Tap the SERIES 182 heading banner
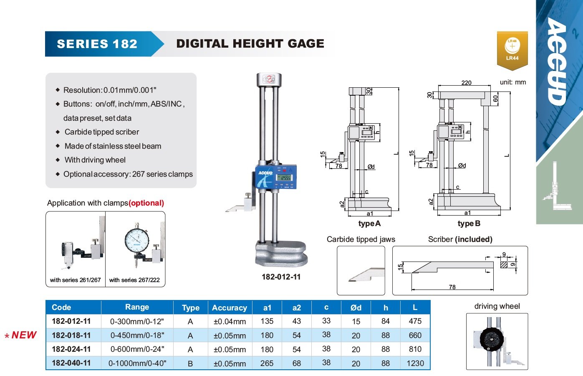pos(97,44)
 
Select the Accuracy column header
pos(229,308)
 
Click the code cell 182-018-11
pos(71,335)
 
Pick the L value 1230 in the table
pos(415,363)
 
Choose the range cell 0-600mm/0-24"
pos(137,349)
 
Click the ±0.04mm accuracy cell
pos(230,322)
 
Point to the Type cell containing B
pos(190,363)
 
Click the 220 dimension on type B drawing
pos(466,83)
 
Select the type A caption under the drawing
pos(369,224)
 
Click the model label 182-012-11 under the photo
pos(281,277)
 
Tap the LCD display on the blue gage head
pos(284,178)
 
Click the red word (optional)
pos(146,203)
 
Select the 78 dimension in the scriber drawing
pos(452,287)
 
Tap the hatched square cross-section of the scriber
pos(504,264)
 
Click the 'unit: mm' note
pos(513,82)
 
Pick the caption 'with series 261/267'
pos(75,280)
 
